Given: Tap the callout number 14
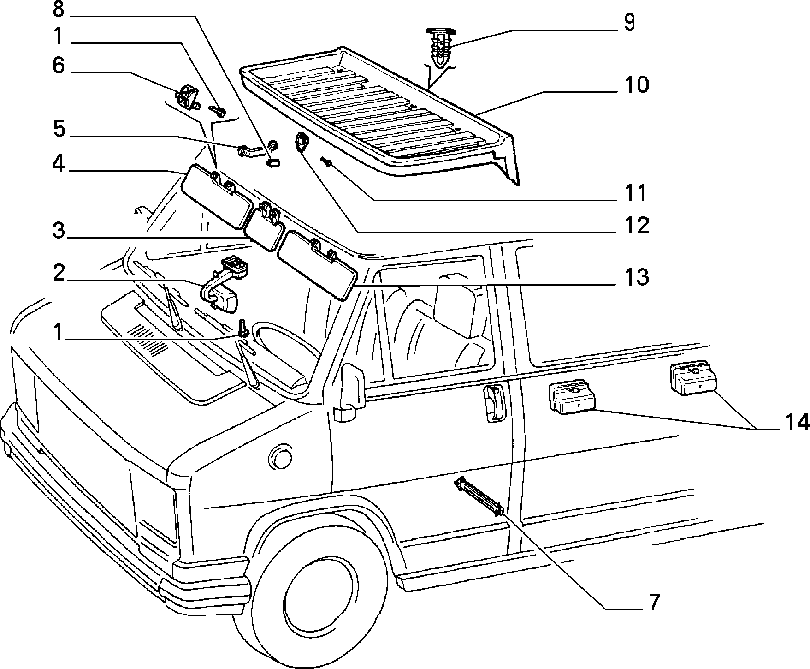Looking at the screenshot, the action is tap(794, 423).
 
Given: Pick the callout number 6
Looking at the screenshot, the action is tap(58, 66).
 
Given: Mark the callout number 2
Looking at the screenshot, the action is tap(59, 274).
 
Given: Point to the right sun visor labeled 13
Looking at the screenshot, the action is tap(317, 265).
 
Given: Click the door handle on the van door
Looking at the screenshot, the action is tap(493, 403).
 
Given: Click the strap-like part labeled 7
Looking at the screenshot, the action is tap(479, 497).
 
